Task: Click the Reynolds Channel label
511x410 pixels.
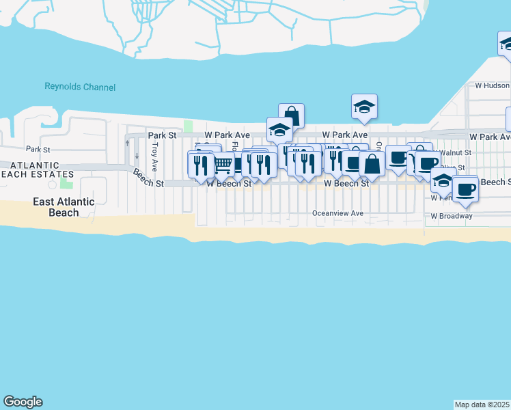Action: point(80,87)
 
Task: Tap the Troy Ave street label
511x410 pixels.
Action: point(155,156)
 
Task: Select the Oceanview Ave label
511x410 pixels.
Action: point(337,213)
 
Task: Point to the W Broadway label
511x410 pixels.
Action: point(451,216)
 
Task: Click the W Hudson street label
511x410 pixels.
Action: point(492,86)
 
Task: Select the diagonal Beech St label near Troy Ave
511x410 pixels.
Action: point(148,179)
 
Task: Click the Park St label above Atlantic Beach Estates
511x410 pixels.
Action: point(38,149)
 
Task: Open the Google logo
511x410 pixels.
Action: point(23,402)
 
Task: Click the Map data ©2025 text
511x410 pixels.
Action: point(482,405)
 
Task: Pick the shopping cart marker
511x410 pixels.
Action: point(223,165)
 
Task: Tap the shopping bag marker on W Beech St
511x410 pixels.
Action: point(372,165)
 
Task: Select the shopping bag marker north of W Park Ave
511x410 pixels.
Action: point(291,116)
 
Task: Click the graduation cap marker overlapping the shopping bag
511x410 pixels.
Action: point(279,130)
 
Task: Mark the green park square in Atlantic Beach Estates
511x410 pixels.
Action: point(66,182)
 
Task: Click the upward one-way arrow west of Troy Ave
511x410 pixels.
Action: point(128,143)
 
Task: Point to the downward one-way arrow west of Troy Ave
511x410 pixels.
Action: point(137,155)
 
